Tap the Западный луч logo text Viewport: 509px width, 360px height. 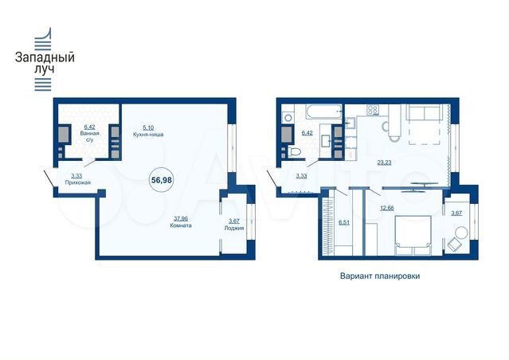46,64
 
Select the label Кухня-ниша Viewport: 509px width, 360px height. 148,134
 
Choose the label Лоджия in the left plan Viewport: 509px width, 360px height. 234,228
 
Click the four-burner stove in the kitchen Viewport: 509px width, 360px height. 370,110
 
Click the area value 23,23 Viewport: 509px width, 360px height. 385,162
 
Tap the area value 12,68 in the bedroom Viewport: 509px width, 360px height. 387,209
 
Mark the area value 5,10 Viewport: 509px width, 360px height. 148,127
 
